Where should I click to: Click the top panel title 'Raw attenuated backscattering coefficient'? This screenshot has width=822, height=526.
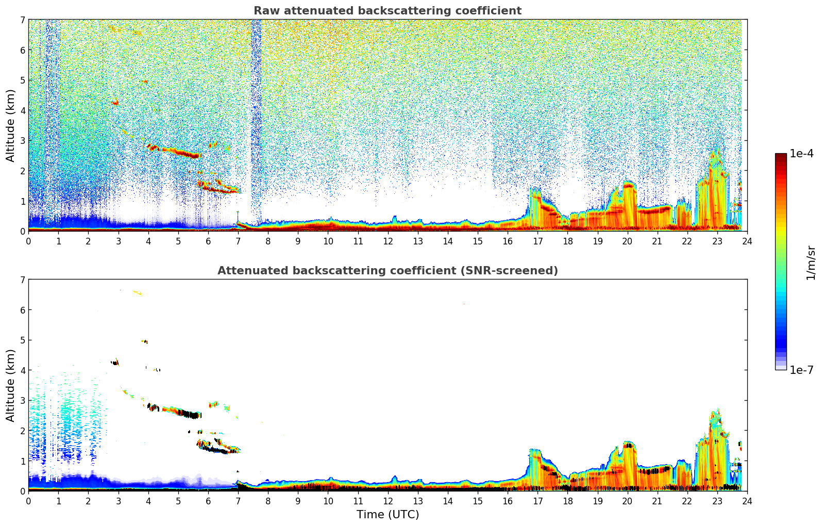coord(387,11)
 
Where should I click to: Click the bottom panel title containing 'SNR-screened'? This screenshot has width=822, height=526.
coord(387,271)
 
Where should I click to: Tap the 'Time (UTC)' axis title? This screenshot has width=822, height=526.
coord(388,515)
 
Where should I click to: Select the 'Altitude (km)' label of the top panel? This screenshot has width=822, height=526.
coord(10,125)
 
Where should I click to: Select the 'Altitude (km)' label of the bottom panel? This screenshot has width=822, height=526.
coord(10,385)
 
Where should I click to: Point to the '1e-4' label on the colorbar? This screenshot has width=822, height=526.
coord(802,154)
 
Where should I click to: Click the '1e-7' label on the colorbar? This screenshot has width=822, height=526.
coord(802,370)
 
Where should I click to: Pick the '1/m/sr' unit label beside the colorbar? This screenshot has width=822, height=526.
coord(811,262)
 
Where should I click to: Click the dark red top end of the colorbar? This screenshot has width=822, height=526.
coord(780,156)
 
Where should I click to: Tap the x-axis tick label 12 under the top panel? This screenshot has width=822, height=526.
coord(388,241)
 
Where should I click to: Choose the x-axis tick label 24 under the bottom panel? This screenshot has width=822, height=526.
coord(747,501)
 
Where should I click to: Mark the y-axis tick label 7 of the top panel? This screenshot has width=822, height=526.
coord(22,20)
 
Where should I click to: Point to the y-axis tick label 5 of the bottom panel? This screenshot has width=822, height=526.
coord(22,340)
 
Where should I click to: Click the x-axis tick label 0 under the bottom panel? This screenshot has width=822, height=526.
coord(28,501)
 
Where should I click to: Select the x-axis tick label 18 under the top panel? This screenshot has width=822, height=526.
coord(567,241)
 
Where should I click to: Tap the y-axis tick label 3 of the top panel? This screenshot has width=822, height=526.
coord(22,141)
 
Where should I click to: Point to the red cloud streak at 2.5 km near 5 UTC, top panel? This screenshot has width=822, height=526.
coord(180,152)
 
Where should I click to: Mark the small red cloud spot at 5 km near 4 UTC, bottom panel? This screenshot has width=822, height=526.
coord(145,341)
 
